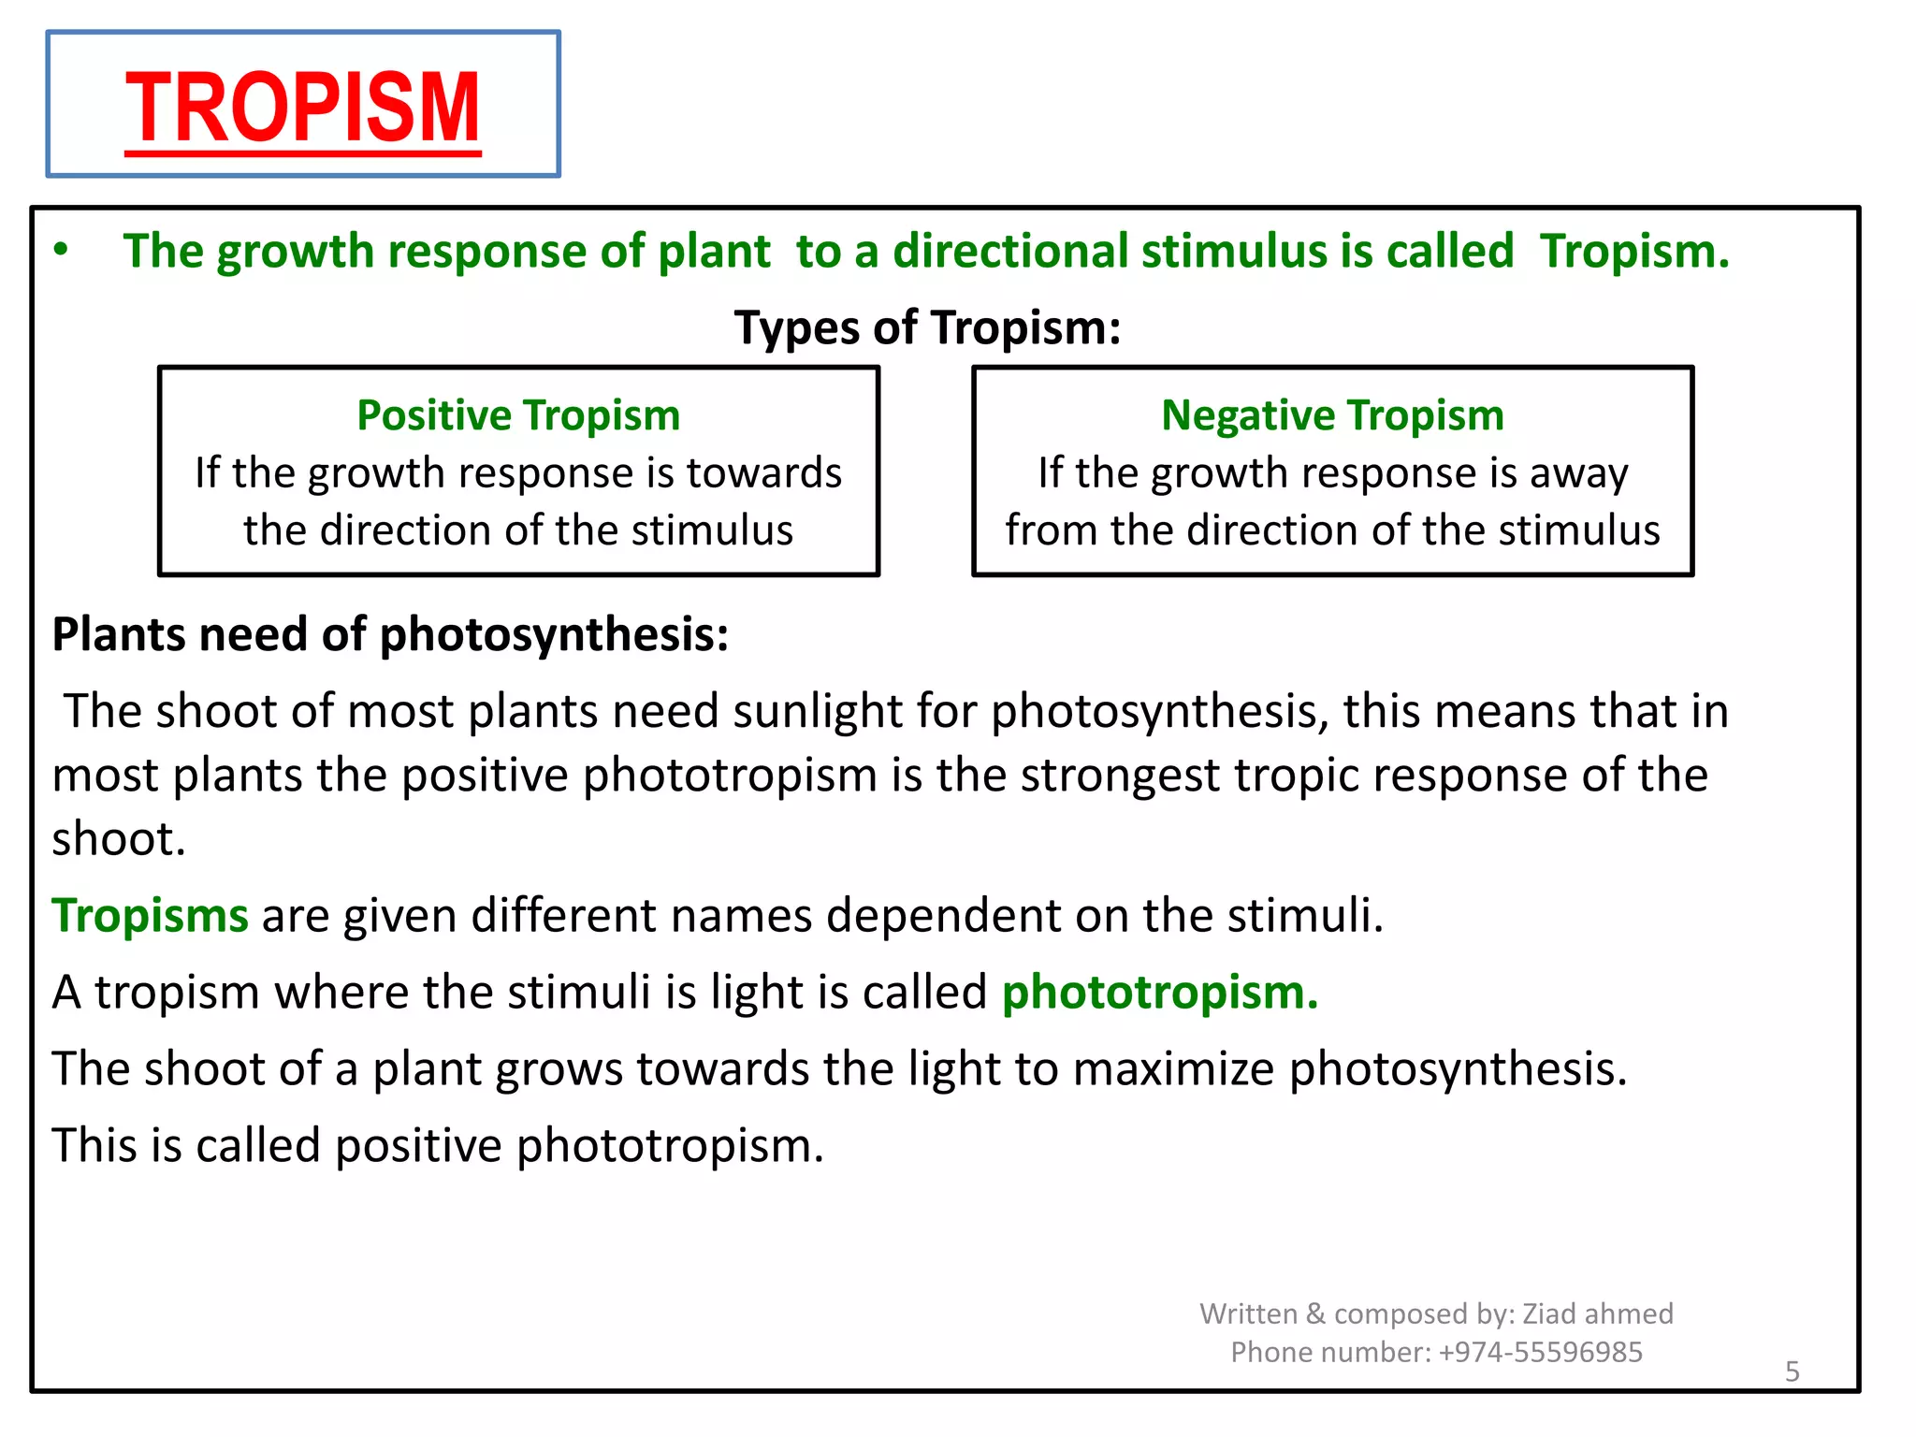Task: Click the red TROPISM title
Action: click(302, 108)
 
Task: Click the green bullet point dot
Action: click(61, 250)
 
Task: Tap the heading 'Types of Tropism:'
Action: click(927, 328)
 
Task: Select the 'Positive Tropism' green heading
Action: click(518, 415)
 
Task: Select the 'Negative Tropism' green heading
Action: click(1332, 415)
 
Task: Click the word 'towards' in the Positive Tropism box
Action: click(763, 473)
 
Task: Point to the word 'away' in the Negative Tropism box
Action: click(1578, 473)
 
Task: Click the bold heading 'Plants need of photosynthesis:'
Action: click(390, 634)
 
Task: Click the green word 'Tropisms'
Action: click(150, 915)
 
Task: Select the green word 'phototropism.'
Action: click(1160, 992)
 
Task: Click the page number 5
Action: click(1792, 1372)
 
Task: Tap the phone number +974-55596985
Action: click(1540, 1352)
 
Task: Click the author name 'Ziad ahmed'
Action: click(1598, 1314)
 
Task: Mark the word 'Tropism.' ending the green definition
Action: click(1634, 252)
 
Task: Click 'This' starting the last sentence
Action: click(94, 1145)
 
